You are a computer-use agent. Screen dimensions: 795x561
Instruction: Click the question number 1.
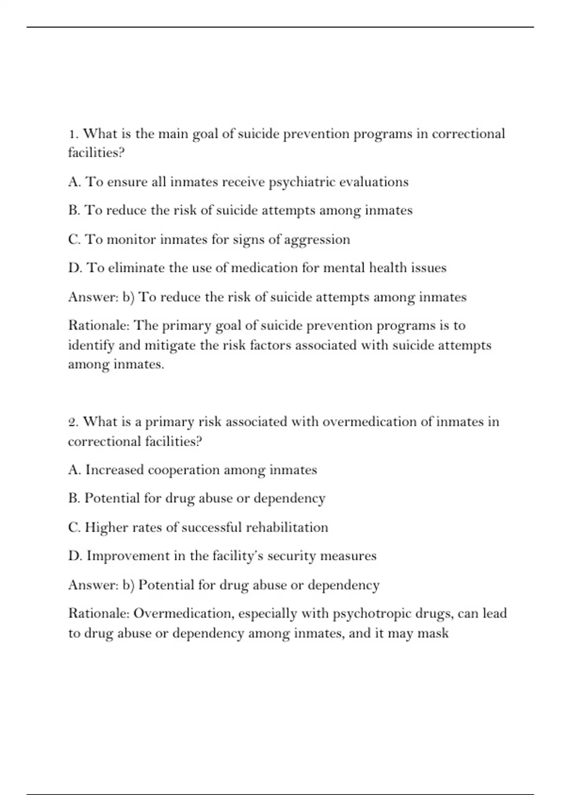click(73, 134)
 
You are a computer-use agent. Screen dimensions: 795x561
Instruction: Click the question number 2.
click(73, 422)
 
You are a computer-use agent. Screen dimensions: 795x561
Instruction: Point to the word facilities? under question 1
click(96, 153)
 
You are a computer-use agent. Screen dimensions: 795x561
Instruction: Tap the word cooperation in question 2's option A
click(184, 470)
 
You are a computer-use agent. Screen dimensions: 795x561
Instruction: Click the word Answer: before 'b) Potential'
click(93, 585)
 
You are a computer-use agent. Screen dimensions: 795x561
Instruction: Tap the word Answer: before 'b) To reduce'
click(93, 297)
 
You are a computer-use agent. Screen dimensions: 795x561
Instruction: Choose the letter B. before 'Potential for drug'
click(74, 499)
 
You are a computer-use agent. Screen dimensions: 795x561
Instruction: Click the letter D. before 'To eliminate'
click(75, 268)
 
